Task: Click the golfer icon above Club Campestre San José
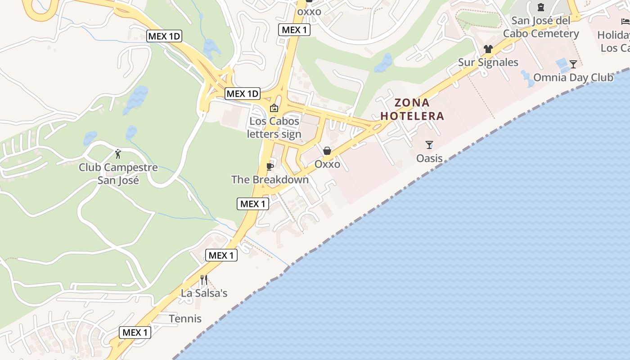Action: pos(118,154)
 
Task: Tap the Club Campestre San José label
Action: pos(118,174)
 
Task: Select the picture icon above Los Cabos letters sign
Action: pos(274,108)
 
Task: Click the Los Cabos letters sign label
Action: pos(274,128)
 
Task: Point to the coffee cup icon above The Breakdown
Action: pos(270,166)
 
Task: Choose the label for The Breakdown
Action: pos(270,180)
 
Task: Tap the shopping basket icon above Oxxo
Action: pos(327,151)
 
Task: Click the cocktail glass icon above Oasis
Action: pos(429,145)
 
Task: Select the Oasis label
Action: pos(429,158)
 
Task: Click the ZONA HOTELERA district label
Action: pos(412,109)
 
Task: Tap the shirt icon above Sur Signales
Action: pos(488,49)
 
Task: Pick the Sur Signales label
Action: pos(488,62)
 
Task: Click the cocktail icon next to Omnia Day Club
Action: pos(573,64)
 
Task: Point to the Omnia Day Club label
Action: pos(573,77)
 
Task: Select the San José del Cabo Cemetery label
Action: pos(541,27)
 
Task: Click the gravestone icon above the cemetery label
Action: pos(540,7)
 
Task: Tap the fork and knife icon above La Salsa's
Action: pos(204,280)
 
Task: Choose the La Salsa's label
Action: pos(204,293)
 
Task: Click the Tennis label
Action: pos(185,319)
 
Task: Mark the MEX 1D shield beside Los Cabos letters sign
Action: pos(243,94)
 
